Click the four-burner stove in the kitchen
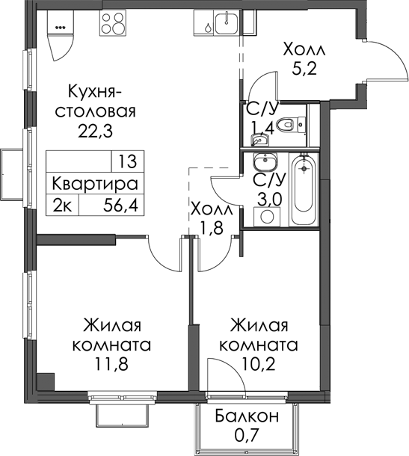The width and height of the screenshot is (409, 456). [113, 22]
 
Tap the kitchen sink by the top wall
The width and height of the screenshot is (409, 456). [227, 22]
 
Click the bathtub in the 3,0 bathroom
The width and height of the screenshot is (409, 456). [304, 189]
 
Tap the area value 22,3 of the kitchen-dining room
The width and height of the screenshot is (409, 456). [95, 132]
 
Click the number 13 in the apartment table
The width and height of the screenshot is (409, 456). [128, 161]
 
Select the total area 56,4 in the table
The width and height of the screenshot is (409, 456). [120, 206]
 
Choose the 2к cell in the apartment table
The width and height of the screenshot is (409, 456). [62, 206]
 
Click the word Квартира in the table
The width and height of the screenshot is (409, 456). [95, 184]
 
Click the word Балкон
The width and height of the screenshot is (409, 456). [247, 416]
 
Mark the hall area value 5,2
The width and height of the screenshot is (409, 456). [304, 70]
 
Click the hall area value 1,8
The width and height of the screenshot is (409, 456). [212, 228]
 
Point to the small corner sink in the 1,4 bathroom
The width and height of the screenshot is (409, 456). [259, 140]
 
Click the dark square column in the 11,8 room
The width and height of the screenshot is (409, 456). [46, 381]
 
